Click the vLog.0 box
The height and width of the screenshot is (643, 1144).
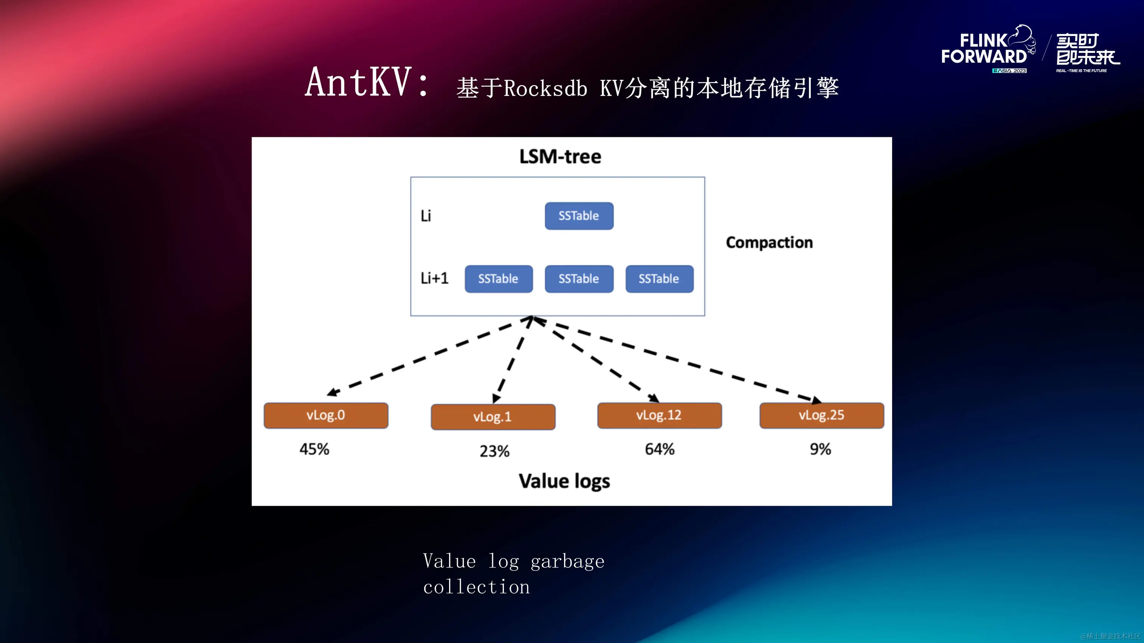(x=325, y=415)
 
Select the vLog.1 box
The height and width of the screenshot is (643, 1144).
(x=493, y=417)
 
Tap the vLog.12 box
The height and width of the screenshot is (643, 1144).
(x=659, y=415)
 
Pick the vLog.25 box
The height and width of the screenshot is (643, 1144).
(x=822, y=415)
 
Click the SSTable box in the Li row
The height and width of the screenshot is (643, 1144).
(x=579, y=216)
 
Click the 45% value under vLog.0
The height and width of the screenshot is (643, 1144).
(x=314, y=449)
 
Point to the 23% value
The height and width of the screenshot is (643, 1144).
(x=494, y=451)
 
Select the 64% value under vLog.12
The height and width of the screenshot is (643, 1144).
(x=659, y=449)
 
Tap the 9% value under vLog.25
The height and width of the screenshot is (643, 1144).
(x=820, y=449)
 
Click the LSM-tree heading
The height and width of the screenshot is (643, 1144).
(x=560, y=156)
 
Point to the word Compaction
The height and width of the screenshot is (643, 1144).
(x=769, y=243)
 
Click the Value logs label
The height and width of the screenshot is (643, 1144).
(x=564, y=482)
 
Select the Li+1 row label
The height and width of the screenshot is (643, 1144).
(x=434, y=278)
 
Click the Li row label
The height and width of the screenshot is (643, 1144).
(x=426, y=216)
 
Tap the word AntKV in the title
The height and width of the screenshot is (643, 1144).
(x=358, y=82)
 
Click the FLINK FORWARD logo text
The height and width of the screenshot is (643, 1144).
(x=984, y=49)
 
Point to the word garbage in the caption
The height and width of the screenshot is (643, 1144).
(x=567, y=562)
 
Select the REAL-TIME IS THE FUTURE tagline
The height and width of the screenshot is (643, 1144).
(x=1081, y=71)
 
